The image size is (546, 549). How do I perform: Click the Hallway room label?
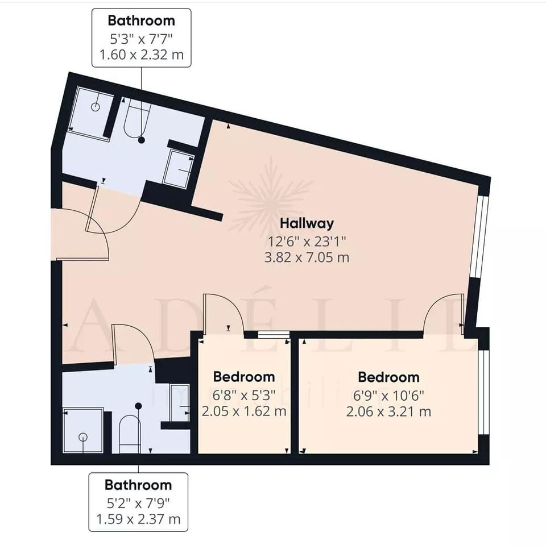pos(307,223)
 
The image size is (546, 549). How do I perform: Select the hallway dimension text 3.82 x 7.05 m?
pos(307,257)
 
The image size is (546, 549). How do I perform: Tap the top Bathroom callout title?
pos(141,21)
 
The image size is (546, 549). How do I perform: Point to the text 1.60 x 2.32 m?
pos(141,56)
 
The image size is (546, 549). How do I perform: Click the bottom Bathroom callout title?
pos(138,485)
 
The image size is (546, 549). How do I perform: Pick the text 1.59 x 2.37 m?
pos(138,519)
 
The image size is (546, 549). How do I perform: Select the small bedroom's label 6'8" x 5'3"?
pos(243,394)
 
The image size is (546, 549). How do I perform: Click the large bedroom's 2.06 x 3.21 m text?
pos(388,411)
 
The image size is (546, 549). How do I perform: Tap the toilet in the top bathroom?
pos(136,117)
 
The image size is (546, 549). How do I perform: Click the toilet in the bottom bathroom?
pos(130,433)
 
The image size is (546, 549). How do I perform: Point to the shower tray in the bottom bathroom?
pos(83,430)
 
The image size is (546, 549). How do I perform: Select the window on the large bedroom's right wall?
pos(483,392)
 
